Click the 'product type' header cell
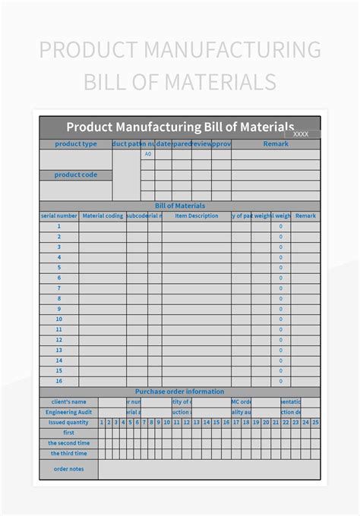76,144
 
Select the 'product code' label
76,175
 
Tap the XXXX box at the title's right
301,134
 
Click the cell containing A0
148,154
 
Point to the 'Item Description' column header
197,216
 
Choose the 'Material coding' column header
103,216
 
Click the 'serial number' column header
58,216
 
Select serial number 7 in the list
58,288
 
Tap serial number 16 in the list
58,381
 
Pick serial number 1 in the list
58,226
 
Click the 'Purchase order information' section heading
180,392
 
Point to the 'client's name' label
68,401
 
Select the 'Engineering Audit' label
68,412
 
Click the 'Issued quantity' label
68,423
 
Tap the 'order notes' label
68,469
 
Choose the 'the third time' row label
68,453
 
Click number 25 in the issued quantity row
315,423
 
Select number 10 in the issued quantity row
166,423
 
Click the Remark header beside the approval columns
276,144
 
